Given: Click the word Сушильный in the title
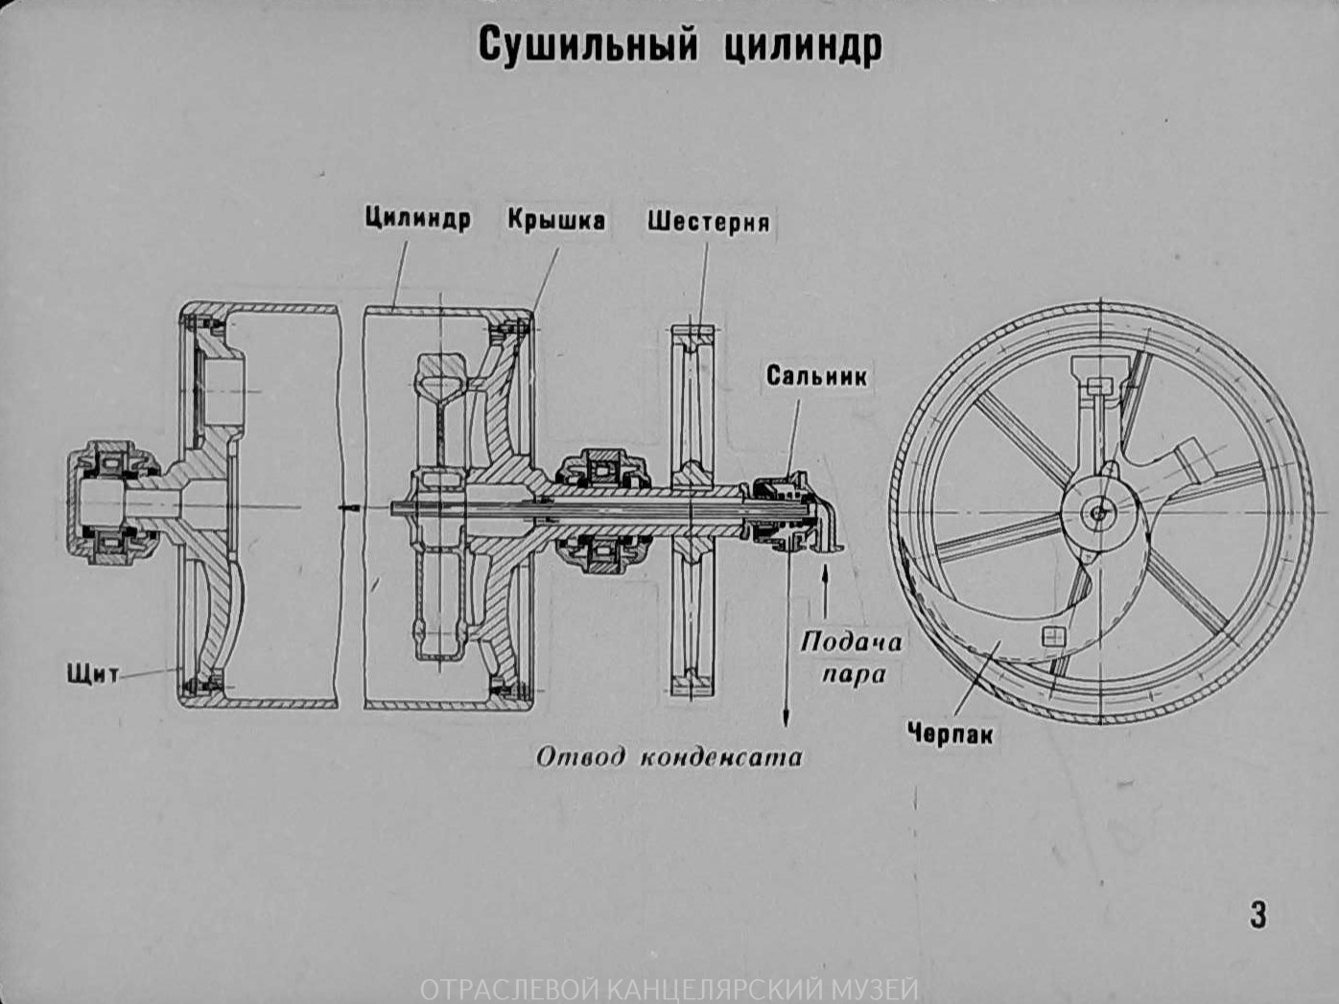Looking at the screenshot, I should tap(585, 45).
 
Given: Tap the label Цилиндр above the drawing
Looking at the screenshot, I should tap(417, 219).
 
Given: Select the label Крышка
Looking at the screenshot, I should tap(556, 220).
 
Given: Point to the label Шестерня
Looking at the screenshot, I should tap(708, 222).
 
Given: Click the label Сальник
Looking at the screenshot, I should tap(816, 376).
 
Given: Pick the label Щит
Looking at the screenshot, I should tap(93, 673).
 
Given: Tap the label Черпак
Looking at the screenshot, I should tap(950, 735).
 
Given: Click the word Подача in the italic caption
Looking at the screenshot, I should tap(851, 642).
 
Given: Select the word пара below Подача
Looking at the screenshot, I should tap(854, 674).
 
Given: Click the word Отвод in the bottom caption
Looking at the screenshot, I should tap(579, 757).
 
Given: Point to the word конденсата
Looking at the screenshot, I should tap(720, 757).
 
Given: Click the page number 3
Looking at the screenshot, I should tap(1257, 914).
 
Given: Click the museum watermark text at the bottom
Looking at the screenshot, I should tap(669, 989).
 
